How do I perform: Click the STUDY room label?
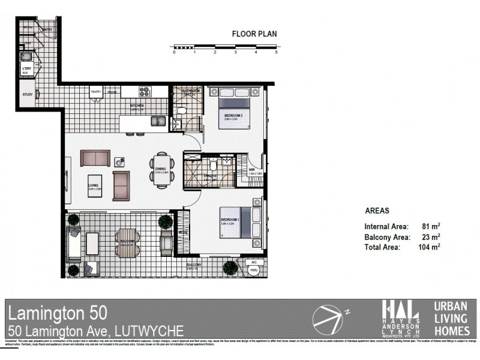pos(28,94)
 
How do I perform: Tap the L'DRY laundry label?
pos(26,69)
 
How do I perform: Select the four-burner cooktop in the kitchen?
pos(145,92)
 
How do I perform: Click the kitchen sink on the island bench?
pos(158,121)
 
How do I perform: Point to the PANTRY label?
pos(95,92)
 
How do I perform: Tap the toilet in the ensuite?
pos(213,166)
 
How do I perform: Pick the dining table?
pos(161,169)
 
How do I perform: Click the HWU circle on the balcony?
pos(253,270)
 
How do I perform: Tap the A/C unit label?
pos(253,262)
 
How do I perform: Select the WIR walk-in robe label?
pos(252,170)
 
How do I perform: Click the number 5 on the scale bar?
pos(276,53)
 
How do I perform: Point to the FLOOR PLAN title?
pos(254,34)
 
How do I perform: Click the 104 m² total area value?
pos(430,247)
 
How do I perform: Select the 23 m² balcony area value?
pos(431,236)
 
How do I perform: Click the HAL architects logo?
pos(401,316)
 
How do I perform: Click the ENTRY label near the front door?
pos(47,29)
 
